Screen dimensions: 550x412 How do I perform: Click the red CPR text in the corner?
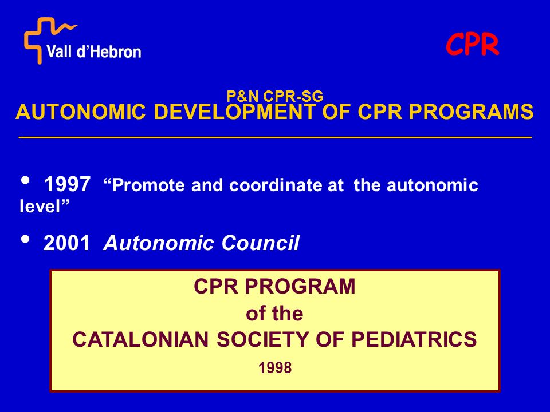pyautogui.click(x=472, y=45)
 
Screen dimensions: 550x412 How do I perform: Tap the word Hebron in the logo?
pyautogui.click(x=117, y=51)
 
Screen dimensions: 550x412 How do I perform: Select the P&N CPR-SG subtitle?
pyautogui.click(x=274, y=96)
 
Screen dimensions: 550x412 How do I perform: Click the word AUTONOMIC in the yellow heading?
pyautogui.click(x=81, y=112)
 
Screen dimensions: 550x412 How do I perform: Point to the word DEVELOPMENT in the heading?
pyautogui.click(x=235, y=112)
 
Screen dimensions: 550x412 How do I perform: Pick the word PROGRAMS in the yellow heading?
pyautogui.click(x=471, y=112)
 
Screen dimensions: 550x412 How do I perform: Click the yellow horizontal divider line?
pyautogui.click(x=276, y=138)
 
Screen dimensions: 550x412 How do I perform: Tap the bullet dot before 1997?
pyautogui.click(x=26, y=180)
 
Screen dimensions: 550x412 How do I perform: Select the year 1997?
pyautogui.click(x=67, y=184)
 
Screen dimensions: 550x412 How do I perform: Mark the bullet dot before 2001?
pyautogui.click(x=26, y=239)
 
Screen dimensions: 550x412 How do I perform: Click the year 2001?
pyautogui.click(x=66, y=243)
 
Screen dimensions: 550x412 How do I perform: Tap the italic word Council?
pyautogui.click(x=260, y=243)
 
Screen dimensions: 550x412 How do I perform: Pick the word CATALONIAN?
pyautogui.click(x=140, y=339)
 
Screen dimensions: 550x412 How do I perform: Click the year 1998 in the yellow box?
pyautogui.click(x=275, y=368)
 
